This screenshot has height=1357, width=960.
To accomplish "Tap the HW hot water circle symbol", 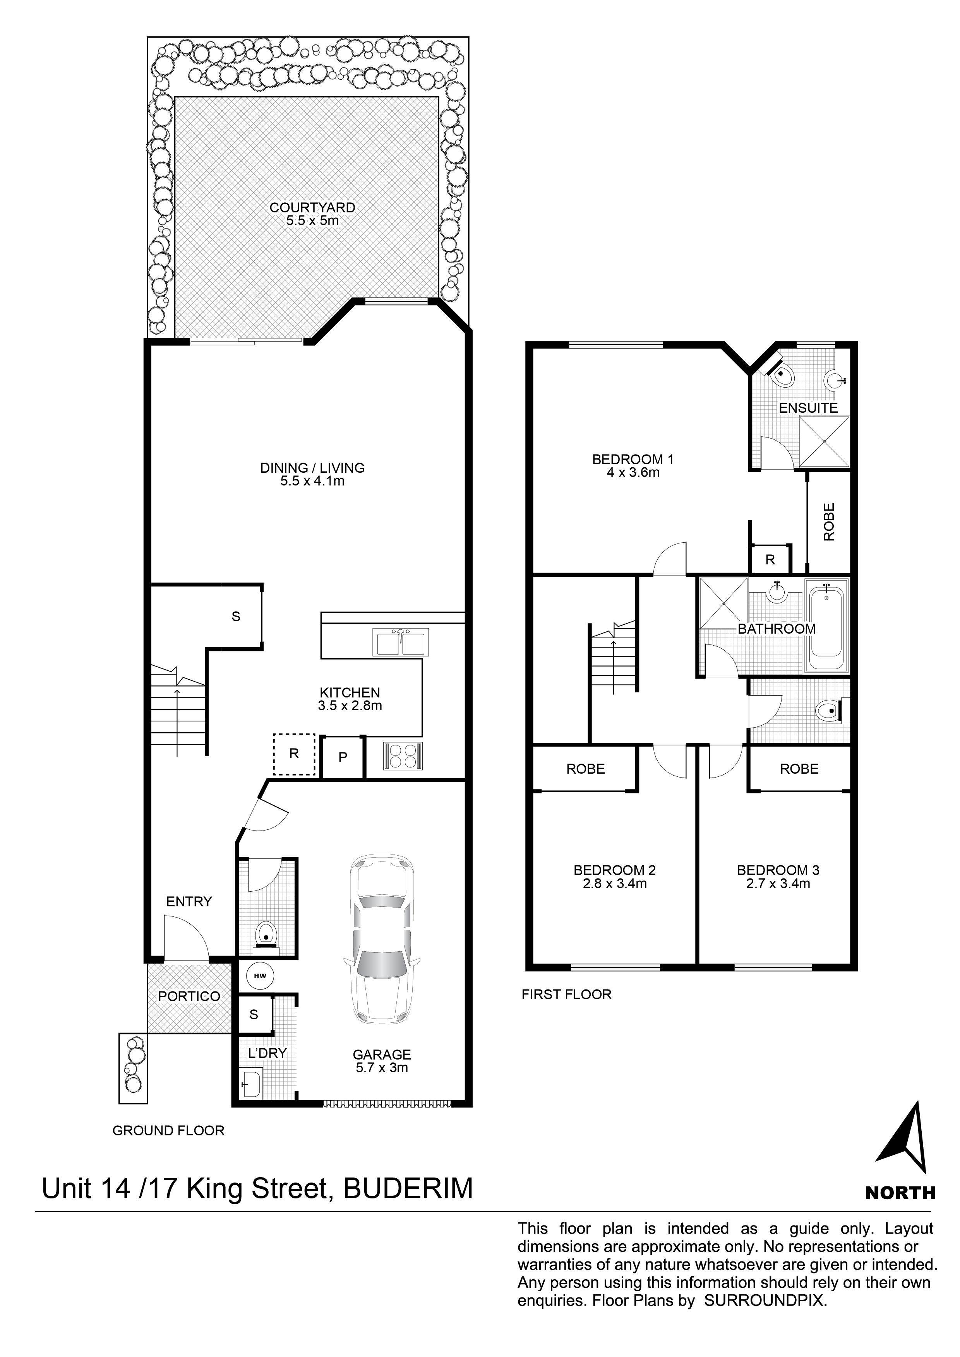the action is point(259,976).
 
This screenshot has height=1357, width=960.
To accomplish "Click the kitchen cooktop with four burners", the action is point(403,756).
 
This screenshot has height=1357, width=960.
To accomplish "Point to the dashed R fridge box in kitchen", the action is point(294,754).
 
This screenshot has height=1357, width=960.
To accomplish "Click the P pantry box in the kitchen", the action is point(343,757).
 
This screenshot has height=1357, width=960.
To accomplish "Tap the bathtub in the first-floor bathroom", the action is point(827,627).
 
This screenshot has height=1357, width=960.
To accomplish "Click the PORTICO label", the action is point(189,996).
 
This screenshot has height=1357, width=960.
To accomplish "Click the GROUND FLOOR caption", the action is point(168,1131).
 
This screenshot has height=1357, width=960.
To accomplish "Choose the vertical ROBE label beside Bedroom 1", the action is point(829,522).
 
